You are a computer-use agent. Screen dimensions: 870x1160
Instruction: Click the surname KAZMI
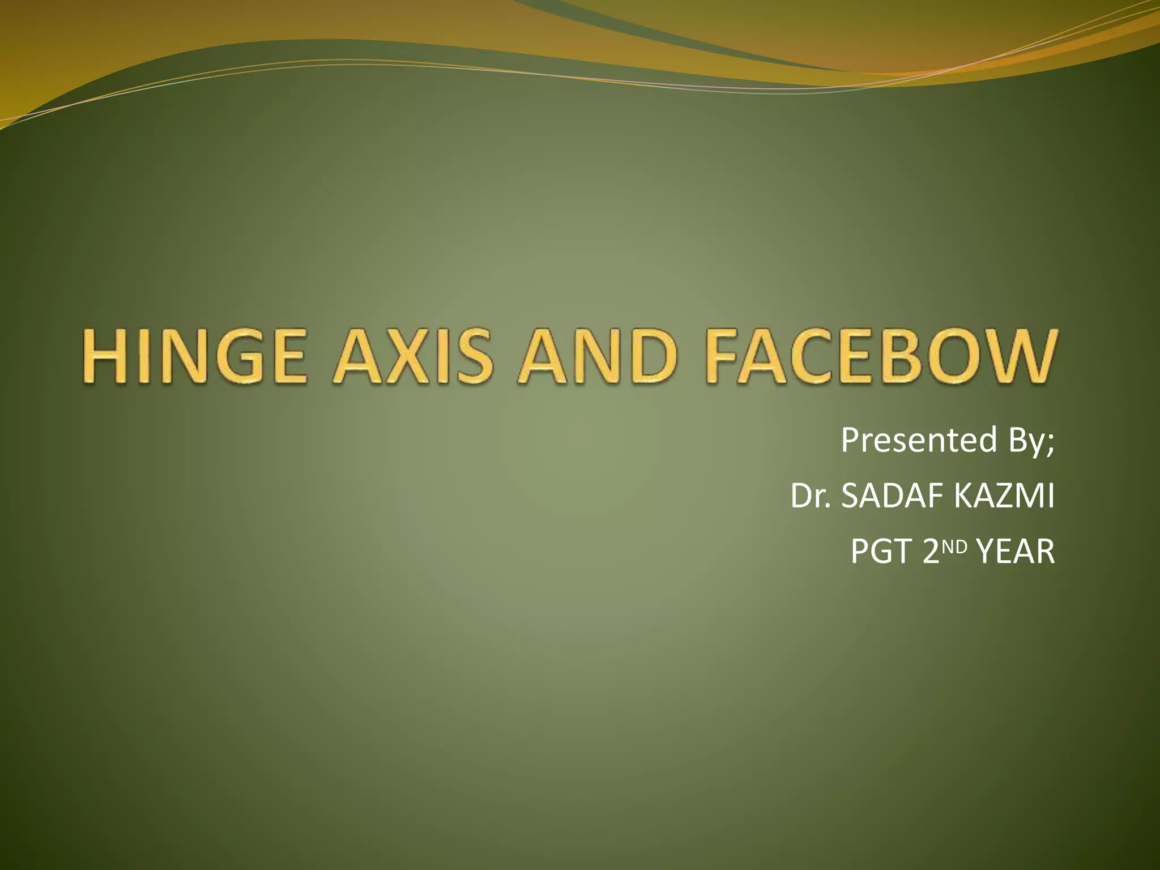tap(1004, 496)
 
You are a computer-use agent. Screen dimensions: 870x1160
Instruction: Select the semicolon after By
tap(1051, 443)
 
